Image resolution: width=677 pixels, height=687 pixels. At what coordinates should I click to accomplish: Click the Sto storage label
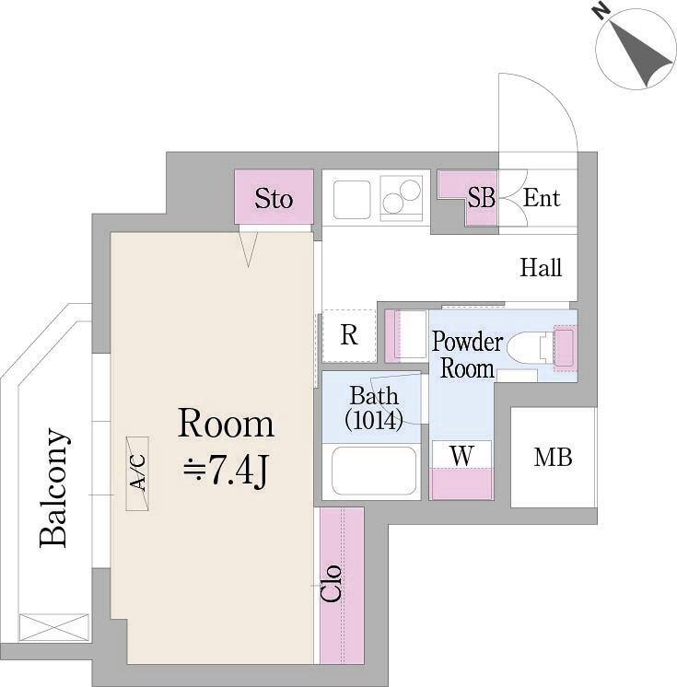(x=274, y=199)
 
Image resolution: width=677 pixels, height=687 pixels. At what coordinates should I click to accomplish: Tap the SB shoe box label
(x=481, y=198)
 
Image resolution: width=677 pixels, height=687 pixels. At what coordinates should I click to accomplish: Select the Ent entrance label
(x=542, y=198)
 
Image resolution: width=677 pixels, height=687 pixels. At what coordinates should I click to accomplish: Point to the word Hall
(x=541, y=267)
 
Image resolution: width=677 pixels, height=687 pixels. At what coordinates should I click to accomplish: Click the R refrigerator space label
(x=349, y=335)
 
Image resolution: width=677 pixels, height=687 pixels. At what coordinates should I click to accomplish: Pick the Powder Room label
(x=467, y=355)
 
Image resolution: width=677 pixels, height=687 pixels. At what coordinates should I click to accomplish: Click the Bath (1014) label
(x=374, y=408)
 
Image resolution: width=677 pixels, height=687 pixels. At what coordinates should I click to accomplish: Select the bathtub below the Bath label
(x=374, y=471)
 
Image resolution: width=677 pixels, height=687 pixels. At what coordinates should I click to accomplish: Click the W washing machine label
(x=461, y=456)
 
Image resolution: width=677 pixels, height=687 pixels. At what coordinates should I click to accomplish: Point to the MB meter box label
(x=553, y=458)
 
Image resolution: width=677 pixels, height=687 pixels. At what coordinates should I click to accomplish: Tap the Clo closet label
(x=331, y=583)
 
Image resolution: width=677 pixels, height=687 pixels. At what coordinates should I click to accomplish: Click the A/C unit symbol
(x=137, y=473)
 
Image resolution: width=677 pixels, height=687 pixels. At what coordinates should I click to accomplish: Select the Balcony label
(x=53, y=488)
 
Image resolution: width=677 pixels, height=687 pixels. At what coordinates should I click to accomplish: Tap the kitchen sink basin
(x=352, y=199)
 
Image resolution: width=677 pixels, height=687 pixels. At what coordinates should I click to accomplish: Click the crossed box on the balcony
(x=54, y=629)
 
